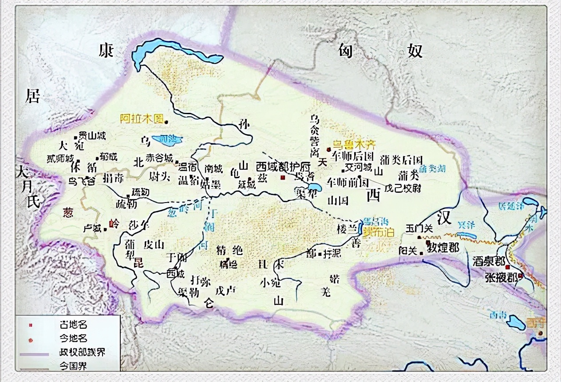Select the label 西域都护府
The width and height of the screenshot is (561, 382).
[283, 167]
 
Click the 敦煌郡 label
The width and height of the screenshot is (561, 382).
[443, 247]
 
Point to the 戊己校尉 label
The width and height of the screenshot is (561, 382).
[403, 188]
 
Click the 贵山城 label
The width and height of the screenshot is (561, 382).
[92, 135]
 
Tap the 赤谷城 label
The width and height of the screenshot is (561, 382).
[160, 158]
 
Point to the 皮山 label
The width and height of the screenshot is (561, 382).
[154, 244]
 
